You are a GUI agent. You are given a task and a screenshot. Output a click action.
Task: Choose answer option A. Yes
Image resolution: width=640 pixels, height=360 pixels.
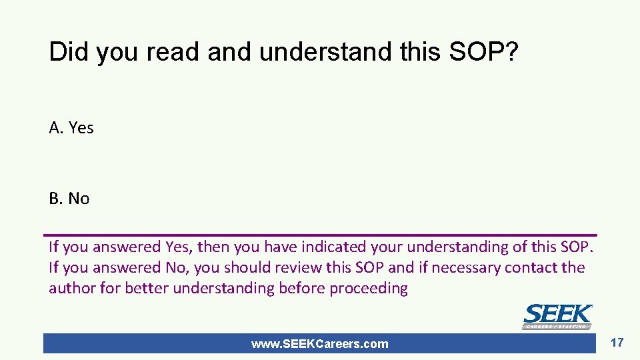point(71,127)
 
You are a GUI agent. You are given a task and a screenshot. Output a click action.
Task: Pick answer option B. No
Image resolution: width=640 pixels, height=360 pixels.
point(69,198)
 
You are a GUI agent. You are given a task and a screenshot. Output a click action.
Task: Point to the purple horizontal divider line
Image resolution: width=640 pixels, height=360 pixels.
point(320,235)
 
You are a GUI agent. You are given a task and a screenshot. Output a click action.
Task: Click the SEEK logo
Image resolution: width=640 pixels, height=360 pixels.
point(558,316)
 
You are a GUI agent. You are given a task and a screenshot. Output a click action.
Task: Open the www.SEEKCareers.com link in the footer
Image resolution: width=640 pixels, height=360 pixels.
point(319,344)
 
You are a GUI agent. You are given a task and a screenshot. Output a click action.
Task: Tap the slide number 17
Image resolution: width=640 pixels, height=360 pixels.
point(617,343)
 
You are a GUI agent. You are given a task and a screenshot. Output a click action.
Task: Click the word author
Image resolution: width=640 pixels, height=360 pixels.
point(70,288)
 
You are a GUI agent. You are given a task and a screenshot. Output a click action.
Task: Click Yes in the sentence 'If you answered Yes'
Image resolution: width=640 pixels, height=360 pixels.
point(178,247)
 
